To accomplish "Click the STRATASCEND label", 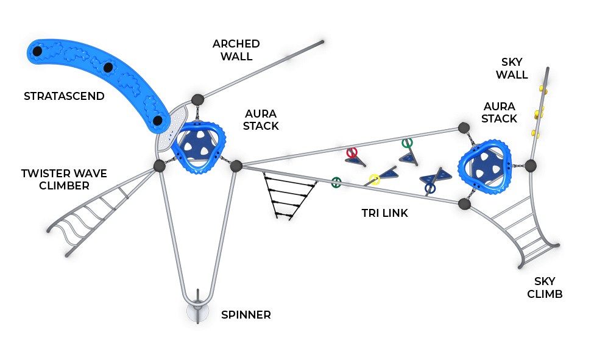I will coord(64,96).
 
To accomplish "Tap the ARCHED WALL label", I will coord(236,50).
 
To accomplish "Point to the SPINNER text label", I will coord(246,315).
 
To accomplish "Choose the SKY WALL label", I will coord(515,68).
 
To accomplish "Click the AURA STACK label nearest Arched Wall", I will coord(261,120).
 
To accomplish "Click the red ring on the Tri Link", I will coord(352,152).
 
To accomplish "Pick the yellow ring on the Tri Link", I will coord(374,180).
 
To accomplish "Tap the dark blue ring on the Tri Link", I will coord(430,188).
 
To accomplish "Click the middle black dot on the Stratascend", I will coord(108,67).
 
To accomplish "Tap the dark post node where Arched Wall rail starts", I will coord(197,100).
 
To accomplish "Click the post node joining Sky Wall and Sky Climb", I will coord(530,165).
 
